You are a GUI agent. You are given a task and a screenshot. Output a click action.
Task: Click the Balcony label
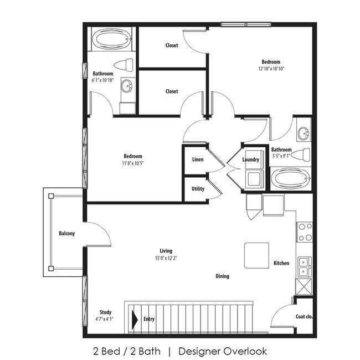66,234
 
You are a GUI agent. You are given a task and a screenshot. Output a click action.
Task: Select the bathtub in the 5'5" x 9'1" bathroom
291,178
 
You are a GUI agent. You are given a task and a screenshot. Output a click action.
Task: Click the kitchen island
256,255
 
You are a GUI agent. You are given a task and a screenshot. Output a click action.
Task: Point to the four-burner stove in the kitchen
305,232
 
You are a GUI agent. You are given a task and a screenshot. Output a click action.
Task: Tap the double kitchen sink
305,267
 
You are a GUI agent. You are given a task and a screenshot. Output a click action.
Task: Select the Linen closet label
198,160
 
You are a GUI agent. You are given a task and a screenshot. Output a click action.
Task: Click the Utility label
198,189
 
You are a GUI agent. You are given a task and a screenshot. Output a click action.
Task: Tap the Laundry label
250,160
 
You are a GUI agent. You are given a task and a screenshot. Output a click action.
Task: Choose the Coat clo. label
304,317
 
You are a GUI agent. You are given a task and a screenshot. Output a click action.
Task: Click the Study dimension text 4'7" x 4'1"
104,319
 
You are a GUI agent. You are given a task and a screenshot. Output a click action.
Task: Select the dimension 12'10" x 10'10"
271,69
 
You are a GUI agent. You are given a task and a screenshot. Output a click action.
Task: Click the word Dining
222,276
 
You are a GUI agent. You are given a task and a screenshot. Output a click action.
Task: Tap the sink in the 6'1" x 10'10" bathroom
127,86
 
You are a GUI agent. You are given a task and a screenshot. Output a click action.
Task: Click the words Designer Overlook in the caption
223,351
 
